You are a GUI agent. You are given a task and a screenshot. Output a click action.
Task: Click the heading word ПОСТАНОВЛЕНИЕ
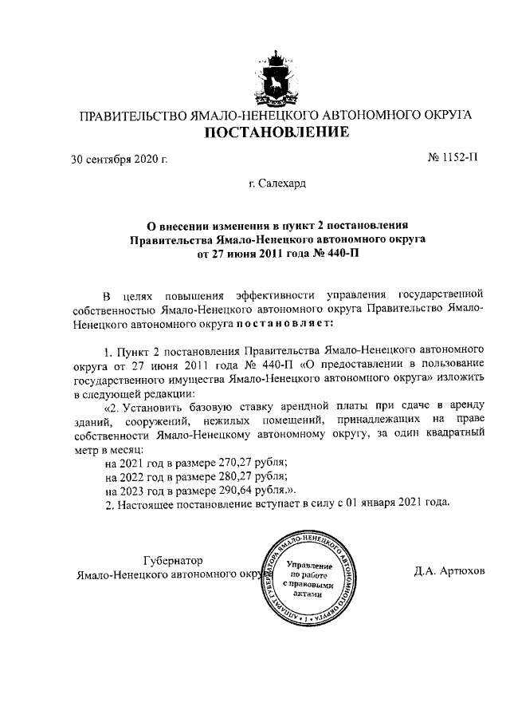tap(275, 132)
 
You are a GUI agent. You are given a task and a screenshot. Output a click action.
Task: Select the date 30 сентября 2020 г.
tap(119, 159)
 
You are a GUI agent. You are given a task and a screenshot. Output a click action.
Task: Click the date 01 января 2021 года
tap(393, 503)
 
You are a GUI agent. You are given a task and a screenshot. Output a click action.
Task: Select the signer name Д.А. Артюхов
tap(448, 572)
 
